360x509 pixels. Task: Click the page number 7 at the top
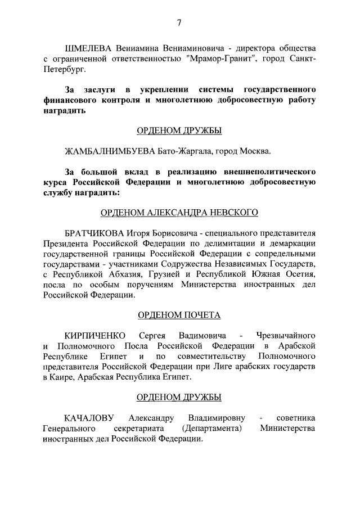(x=179, y=22)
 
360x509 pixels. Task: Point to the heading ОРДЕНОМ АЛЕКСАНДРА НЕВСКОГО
(x=179, y=212)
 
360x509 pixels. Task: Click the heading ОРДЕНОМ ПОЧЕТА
(x=179, y=315)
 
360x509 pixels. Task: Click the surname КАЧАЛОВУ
(x=89, y=418)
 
